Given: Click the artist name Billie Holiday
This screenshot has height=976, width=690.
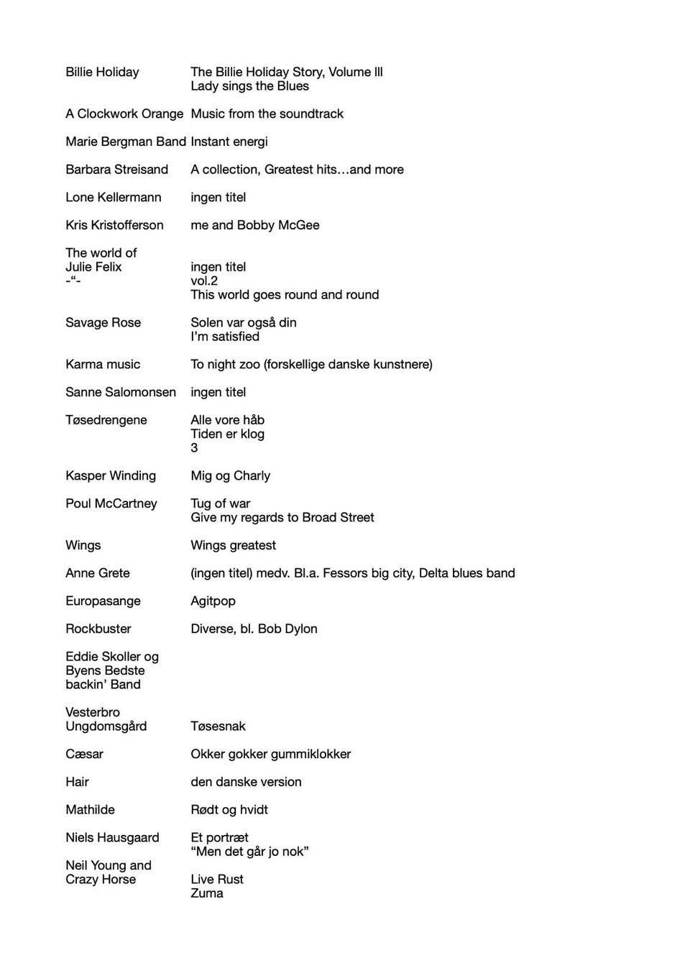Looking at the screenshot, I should pyautogui.click(x=102, y=72).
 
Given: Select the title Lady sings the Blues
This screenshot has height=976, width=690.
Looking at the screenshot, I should pyautogui.click(x=249, y=86).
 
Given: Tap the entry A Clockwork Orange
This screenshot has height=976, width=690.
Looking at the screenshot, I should pyautogui.click(x=124, y=114).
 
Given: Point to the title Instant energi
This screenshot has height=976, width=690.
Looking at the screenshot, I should pyautogui.click(x=229, y=142).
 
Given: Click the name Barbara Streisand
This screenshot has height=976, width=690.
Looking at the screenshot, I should pyautogui.click(x=116, y=170).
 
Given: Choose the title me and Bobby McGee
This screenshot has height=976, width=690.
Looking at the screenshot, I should pyautogui.click(x=254, y=225).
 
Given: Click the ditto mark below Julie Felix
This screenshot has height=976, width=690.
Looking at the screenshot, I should pyautogui.click(x=73, y=281).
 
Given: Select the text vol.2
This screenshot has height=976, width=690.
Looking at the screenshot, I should pyautogui.click(x=203, y=281).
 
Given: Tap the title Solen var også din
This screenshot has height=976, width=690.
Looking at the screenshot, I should pyautogui.click(x=243, y=322).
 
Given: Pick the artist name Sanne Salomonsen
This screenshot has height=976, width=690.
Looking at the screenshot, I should pyautogui.click(x=120, y=392).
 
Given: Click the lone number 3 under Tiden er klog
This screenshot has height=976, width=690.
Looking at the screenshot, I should pyautogui.click(x=194, y=448).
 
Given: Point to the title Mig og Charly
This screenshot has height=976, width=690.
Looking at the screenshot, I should pyautogui.click(x=230, y=475).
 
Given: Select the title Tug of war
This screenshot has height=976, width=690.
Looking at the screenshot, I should pyautogui.click(x=220, y=503).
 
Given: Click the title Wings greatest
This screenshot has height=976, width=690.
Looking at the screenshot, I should pyautogui.click(x=233, y=545).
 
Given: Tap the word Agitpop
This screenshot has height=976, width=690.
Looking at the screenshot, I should pyautogui.click(x=213, y=601).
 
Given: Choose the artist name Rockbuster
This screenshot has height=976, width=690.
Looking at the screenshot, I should pyautogui.click(x=98, y=629).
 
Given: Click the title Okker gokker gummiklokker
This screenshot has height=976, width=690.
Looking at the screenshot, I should pyautogui.click(x=270, y=754).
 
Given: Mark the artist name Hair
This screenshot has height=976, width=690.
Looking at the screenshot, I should pyautogui.click(x=77, y=782).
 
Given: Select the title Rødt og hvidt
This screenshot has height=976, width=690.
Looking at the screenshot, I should pyautogui.click(x=229, y=810).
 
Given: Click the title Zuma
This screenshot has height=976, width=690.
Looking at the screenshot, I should pyautogui.click(x=206, y=893).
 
